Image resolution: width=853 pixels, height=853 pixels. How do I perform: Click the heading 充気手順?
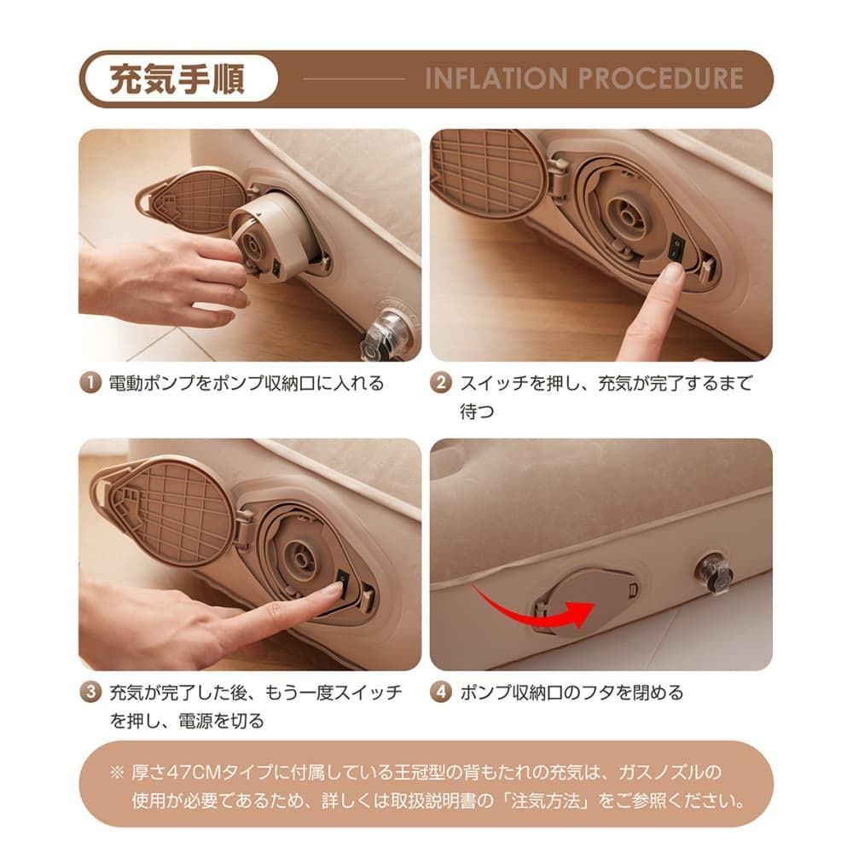pos(177,78)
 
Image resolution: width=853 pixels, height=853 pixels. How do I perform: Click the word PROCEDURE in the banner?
pos(662,78)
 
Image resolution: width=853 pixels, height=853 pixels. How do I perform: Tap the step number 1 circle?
pos(90,382)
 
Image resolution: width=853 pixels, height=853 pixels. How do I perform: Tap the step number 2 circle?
pos(441,382)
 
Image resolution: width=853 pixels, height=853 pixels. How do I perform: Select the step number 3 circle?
pos(90,692)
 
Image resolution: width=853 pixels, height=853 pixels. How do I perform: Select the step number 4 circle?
pos(441,692)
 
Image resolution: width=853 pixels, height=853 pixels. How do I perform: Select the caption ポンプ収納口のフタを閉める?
pos(572,692)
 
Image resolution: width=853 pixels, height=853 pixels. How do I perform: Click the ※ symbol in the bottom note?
pos(117,773)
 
